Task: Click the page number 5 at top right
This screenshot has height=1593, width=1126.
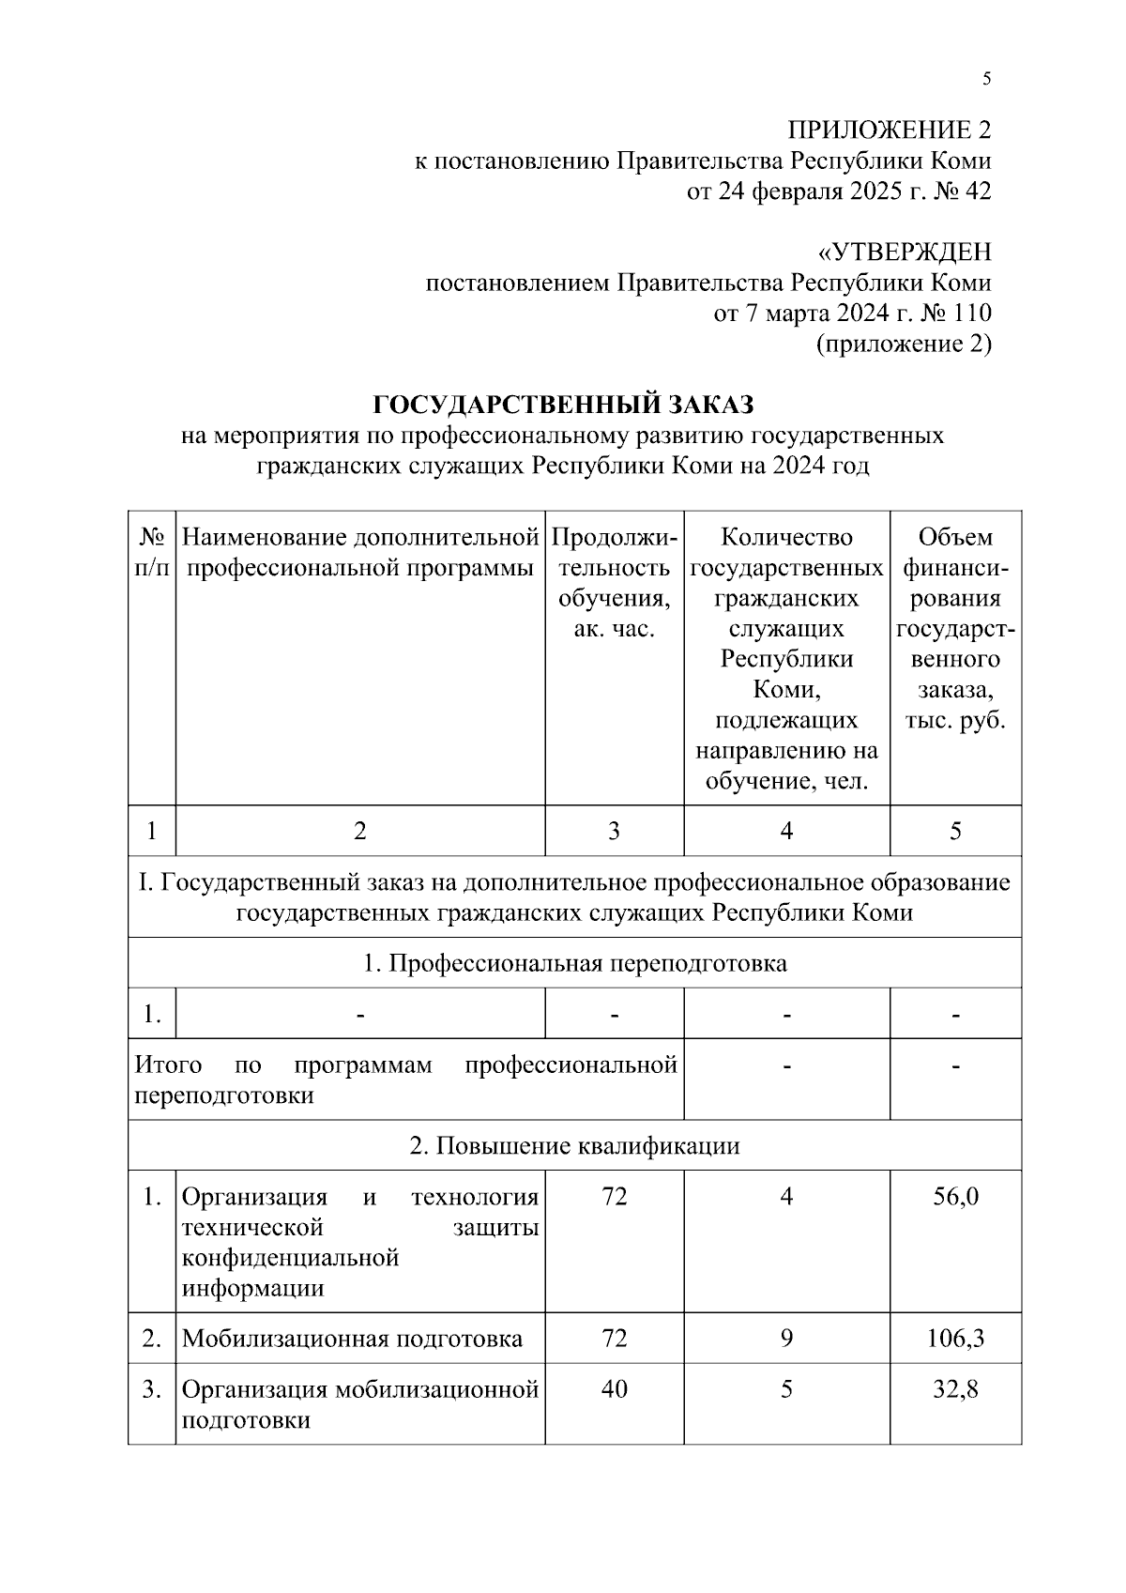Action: pyautogui.click(x=986, y=79)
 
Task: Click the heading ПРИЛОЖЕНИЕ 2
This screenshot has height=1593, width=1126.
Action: pyautogui.click(x=888, y=130)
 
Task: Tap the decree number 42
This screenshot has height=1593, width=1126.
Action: pyautogui.click(x=977, y=191)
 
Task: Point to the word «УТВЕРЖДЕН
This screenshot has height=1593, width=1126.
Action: pyautogui.click(x=905, y=253)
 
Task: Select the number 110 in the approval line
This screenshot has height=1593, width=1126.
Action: pyautogui.click(x=971, y=314)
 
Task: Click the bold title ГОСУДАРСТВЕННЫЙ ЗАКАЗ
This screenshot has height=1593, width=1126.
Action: pyautogui.click(x=563, y=405)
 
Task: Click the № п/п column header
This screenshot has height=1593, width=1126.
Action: pyautogui.click(x=152, y=553)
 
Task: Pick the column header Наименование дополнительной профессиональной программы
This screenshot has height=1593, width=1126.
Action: pyautogui.click(x=360, y=553)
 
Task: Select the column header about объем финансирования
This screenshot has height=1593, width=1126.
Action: pyautogui.click(x=955, y=629)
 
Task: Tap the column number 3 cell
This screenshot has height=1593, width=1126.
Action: pyautogui.click(x=614, y=831)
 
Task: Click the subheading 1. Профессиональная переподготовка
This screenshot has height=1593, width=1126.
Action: pyautogui.click(x=574, y=963)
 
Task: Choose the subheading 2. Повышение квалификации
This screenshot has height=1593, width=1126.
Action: pyautogui.click(x=574, y=1145)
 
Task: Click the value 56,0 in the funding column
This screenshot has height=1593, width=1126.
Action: pyautogui.click(x=955, y=1197)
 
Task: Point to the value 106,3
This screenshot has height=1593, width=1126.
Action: pyautogui.click(x=955, y=1338)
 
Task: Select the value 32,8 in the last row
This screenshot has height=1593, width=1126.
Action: pyautogui.click(x=955, y=1389)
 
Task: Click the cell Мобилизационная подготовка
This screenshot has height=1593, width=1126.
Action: pyautogui.click(x=352, y=1339)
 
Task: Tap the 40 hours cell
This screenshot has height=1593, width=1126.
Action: pyautogui.click(x=614, y=1389)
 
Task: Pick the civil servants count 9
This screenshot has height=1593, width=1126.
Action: pyautogui.click(x=786, y=1338)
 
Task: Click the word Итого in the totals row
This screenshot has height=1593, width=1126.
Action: pyautogui.click(x=168, y=1065)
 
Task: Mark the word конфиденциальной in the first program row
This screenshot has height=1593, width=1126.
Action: pyautogui.click(x=290, y=1258)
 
